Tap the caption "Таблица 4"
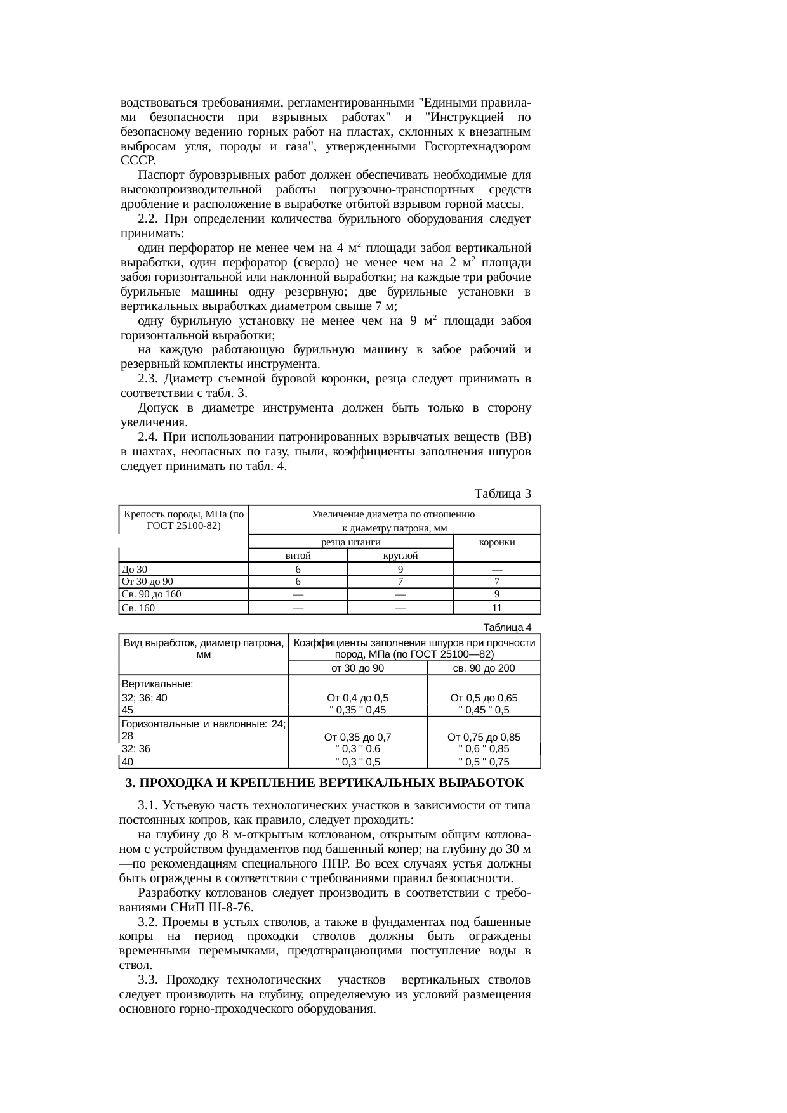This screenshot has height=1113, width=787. click(507, 627)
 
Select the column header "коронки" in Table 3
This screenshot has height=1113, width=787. click(497, 542)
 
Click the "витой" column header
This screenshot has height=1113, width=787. click(298, 556)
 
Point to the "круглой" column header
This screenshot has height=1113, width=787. click(400, 556)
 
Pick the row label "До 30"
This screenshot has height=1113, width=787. click(135, 570)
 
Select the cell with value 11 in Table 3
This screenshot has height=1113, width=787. click(497, 608)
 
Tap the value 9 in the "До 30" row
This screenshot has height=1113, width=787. click(400, 570)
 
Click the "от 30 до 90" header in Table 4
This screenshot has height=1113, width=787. click(357, 668)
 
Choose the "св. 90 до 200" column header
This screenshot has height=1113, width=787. click(484, 668)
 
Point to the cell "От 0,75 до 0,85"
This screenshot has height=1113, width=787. click(484, 737)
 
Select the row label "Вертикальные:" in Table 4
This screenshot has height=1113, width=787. click(157, 685)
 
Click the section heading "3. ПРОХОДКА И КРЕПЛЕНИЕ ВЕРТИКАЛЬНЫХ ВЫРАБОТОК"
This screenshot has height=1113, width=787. click(325, 783)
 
